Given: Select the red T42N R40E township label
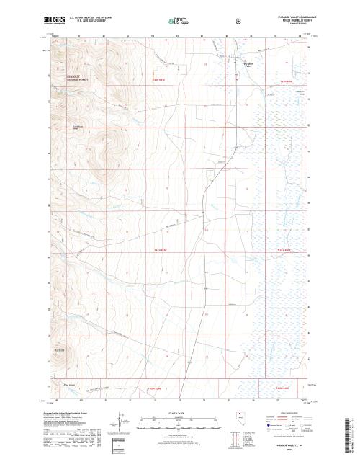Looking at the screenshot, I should click(x=288, y=81).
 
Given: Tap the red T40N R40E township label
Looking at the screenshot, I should click(x=282, y=388).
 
